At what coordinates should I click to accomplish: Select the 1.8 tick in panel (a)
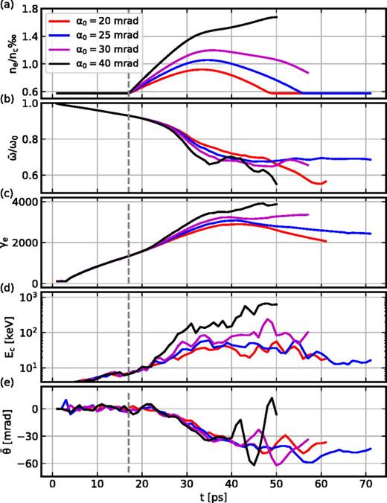31,9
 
